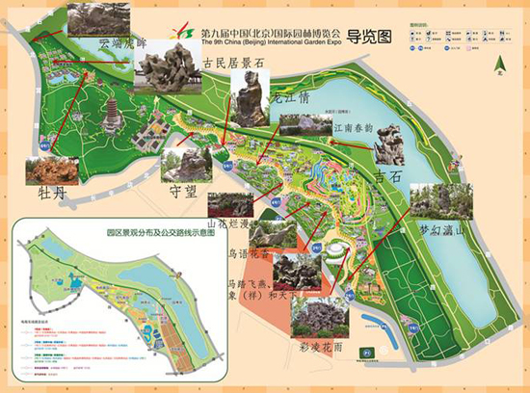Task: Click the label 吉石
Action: [x=389, y=178]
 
